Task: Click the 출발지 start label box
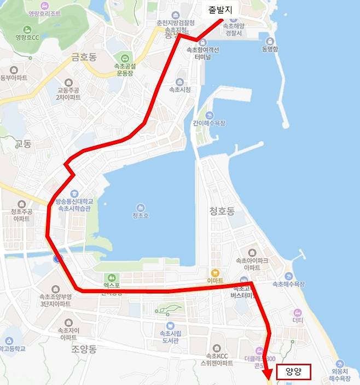220,10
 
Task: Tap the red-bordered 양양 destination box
294,372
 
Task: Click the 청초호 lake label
141,215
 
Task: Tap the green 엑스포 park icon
113,278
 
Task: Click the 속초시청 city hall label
180,89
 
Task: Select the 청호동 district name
222,210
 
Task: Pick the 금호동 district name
83,56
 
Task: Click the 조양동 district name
83,349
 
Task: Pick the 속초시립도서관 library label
170,336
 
